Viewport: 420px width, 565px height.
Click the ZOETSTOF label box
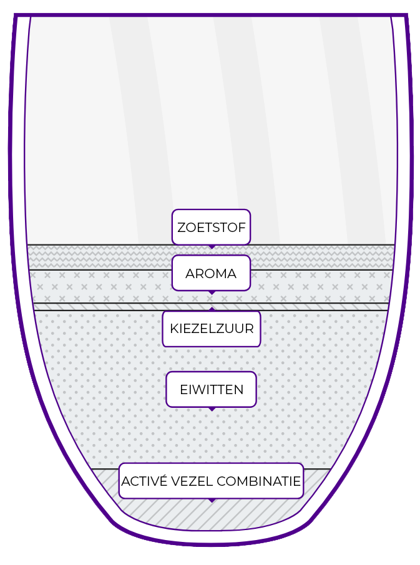coord(211,227)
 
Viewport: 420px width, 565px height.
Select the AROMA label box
coord(211,273)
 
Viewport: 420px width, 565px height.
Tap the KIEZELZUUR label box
coord(211,329)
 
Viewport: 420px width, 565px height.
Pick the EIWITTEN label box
coord(211,390)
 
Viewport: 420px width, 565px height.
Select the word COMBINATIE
coord(258,481)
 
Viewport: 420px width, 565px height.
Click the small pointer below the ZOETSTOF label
coord(212,247)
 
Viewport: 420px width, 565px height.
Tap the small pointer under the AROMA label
coord(212,292)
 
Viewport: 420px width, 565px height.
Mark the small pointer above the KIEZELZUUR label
coord(212,309)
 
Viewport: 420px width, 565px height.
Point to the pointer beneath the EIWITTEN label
coord(212,409)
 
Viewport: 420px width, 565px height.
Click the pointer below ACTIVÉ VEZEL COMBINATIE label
coord(212,500)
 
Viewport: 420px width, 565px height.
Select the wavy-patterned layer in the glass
coord(94,257)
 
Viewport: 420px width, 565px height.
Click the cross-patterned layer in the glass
coord(94,286)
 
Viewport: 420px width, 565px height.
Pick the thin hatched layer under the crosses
coord(94,307)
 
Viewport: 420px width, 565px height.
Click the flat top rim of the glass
coord(210,14)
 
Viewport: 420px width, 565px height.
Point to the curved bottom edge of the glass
coord(210,544)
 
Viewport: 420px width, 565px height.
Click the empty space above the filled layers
coord(210,125)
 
